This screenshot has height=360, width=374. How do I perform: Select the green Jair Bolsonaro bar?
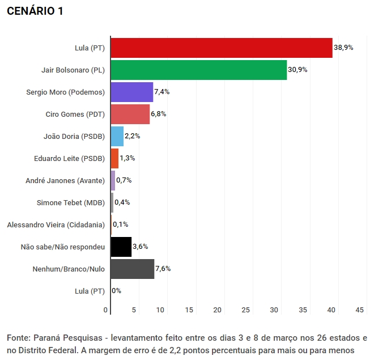pos(198,70)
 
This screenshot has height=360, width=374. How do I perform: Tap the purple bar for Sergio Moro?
pos(131,92)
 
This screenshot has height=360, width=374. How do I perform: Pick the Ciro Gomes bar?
pos(130,114)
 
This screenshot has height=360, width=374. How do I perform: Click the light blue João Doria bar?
pos(117,136)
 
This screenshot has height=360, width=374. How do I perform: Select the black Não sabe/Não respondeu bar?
pos(121,247)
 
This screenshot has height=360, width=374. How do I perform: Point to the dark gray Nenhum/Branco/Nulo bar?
pos(132,269)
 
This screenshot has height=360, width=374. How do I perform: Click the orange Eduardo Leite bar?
pos(114,158)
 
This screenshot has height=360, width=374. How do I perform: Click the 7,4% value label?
pos(161,92)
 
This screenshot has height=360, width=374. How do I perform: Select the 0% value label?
pos(116,291)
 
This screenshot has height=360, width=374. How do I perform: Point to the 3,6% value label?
pos(140,247)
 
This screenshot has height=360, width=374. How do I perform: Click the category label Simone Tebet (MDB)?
pos(71,202)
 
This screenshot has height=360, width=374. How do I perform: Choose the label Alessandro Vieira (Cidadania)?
pos(56,225)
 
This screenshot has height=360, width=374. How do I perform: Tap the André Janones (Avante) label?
pos(65,180)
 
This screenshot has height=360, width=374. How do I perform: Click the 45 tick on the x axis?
pos(359,310)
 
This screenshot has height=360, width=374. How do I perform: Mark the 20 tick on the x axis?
pos(218,310)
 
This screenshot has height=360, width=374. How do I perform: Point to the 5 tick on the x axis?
pos(134,310)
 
